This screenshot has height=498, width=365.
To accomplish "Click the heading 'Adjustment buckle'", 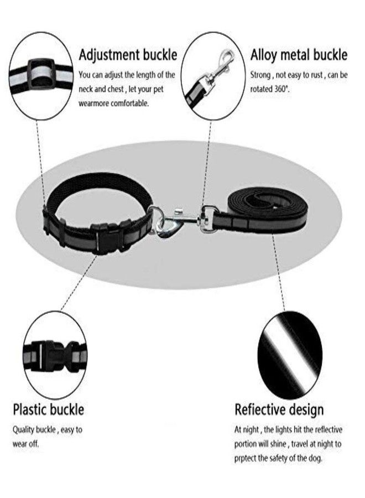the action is coord(128,55).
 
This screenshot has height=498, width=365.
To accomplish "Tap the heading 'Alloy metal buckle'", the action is coord(299,55).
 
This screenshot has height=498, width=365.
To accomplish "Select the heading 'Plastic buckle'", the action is coord(49,409).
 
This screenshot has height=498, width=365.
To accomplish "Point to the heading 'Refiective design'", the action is coord(279,409).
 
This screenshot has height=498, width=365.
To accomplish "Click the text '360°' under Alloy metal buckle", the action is coord(282,89).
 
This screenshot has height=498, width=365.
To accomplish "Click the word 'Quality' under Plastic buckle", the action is coord(23,430).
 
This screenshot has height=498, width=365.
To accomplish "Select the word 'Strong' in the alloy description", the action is coord(260,75).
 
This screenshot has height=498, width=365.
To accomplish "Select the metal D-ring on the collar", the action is coord(157,219).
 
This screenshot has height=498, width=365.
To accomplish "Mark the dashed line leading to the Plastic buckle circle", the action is coord(79,283).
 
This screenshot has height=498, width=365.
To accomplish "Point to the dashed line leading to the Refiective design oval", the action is coord(278,272).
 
